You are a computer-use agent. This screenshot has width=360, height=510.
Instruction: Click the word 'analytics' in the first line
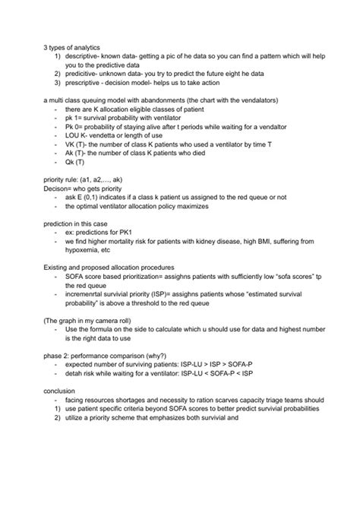click(x=94, y=48)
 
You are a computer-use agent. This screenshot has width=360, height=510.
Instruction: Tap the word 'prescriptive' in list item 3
click(x=84, y=86)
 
